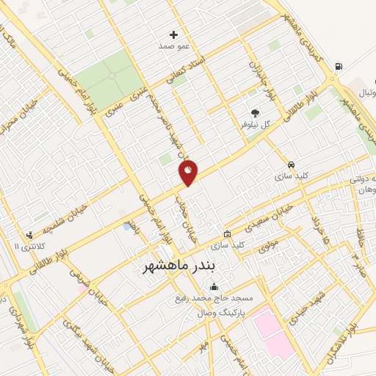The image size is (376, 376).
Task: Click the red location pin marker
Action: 188,173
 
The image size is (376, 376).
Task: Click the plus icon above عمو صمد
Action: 174,35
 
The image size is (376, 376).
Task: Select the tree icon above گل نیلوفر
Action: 255,113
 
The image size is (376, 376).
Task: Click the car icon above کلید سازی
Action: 292,164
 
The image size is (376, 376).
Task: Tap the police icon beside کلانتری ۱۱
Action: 29,236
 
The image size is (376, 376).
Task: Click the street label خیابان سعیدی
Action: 273,213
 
